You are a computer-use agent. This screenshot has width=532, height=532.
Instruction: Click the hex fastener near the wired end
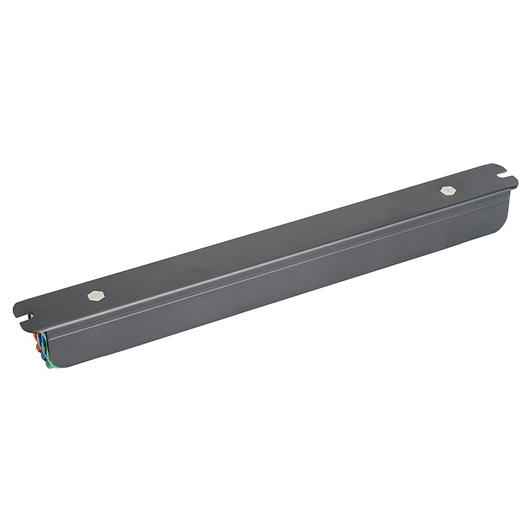[x=94, y=295]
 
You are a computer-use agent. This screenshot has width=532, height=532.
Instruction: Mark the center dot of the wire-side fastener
[x=94, y=295]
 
